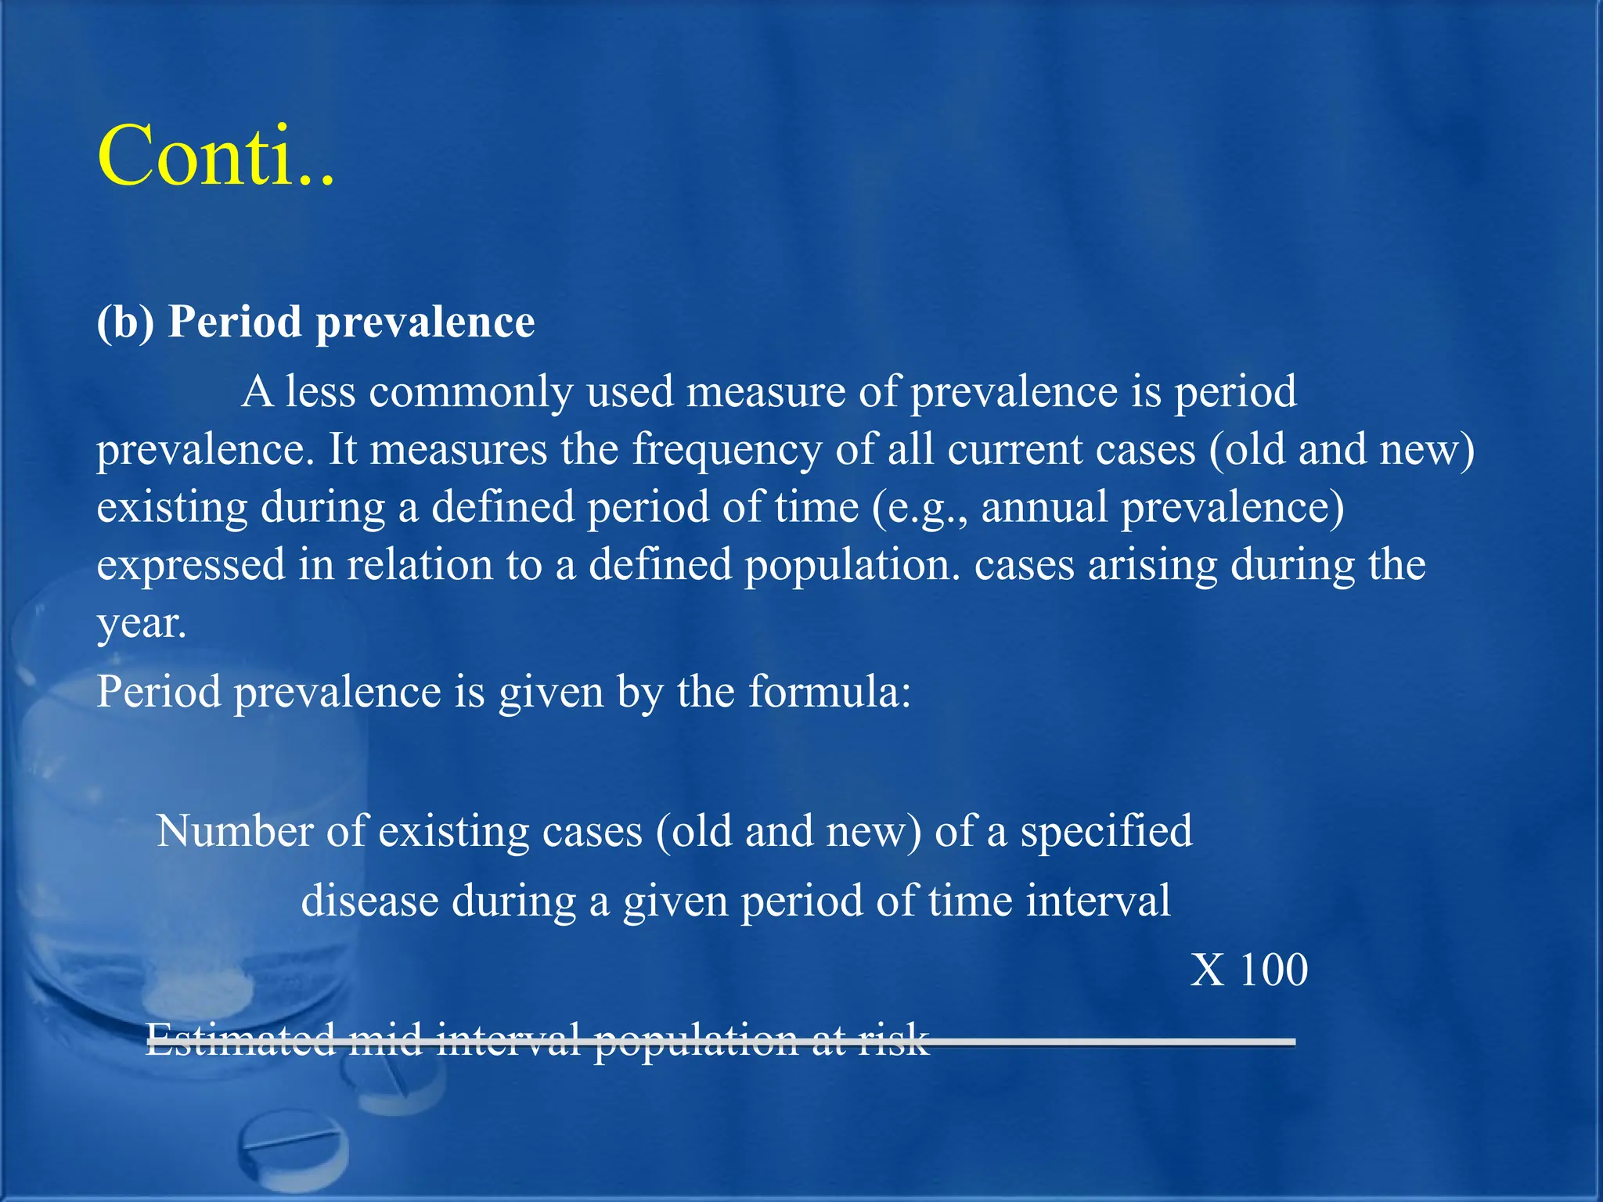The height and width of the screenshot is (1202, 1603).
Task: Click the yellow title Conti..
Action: pyautogui.click(x=216, y=156)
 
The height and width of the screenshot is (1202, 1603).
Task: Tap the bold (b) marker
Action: pyautogui.click(x=125, y=322)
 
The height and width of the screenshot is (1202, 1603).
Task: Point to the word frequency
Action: pyautogui.click(x=726, y=450)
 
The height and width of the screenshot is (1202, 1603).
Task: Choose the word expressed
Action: pyautogui.click(x=191, y=566)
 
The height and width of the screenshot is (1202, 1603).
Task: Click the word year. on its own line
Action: pyautogui.click(x=142, y=624)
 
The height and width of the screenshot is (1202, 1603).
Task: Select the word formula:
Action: pyautogui.click(x=829, y=692)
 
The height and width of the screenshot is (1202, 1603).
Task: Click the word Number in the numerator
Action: pyautogui.click(x=234, y=831)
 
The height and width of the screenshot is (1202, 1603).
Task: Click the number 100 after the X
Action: pyautogui.click(x=1273, y=970)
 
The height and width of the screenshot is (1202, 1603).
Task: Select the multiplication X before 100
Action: pyautogui.click(x=1207, y=970)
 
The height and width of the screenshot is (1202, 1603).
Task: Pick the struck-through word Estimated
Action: pyautogui.click(x=240, y=1039)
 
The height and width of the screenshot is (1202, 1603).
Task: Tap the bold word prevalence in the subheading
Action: pyautogui.click(x=425, y=322)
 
